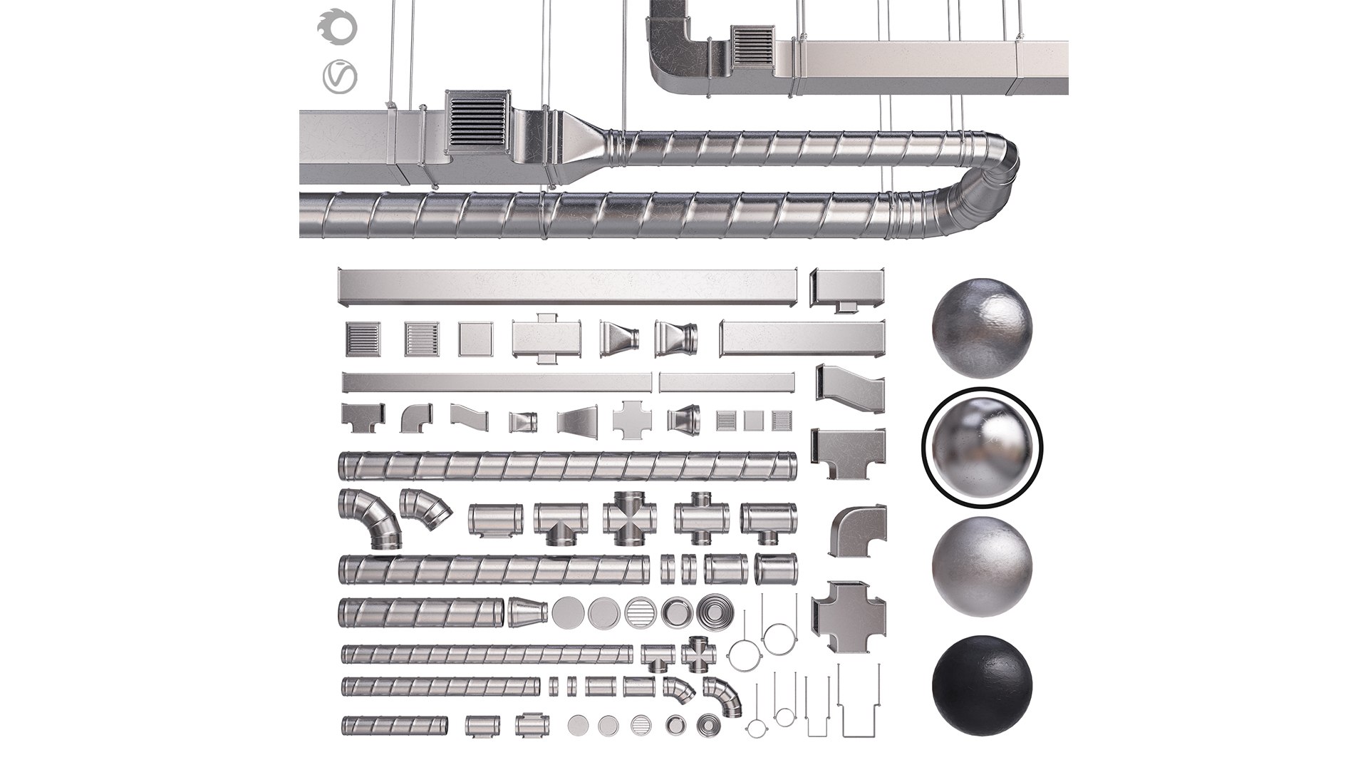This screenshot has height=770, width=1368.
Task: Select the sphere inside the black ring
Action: pyautogui.click(x=982, y=445)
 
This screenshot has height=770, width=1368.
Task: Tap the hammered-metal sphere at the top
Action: pyautogui.click(x=981, y=328)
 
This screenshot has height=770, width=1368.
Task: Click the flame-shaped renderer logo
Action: pyautogui.click(x=337, y=29)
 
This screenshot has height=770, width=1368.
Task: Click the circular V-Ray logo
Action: pyautogui.click(x=339, y=77)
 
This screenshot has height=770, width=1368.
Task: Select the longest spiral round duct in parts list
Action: pyautogui.click(x=566, y=466)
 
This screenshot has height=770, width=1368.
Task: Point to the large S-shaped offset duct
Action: pyautogui.click(x=849, y=389)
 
